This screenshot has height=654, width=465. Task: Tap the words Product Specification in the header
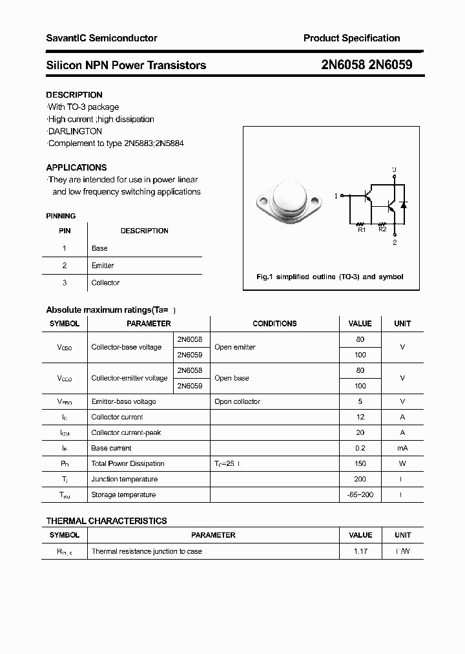tap(351, 38)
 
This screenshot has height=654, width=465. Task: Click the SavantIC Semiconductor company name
tap(101, 38)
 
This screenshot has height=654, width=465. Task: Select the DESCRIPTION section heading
tap(74, 95)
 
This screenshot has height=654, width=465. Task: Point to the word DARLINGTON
tap(75, 131)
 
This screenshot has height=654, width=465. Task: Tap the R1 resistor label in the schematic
tap(361, 229)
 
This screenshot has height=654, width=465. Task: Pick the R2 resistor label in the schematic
tap(382, 229)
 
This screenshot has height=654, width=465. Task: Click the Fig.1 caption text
tap(329, 277)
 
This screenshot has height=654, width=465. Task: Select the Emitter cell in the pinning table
tap(103, 266)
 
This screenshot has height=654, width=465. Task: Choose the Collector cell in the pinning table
tap(105, 283)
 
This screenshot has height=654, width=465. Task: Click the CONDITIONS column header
tap(274, 324)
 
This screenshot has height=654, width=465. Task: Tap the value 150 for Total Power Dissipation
tap(360, 463)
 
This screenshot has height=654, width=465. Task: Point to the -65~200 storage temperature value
tap(360, 494)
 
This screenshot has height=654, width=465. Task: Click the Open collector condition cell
tap(237, 401)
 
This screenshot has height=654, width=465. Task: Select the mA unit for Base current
tap(402, 448)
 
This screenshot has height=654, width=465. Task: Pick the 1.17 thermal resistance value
tap(360, 551)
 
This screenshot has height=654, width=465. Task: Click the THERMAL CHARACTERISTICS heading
tap(107, 521)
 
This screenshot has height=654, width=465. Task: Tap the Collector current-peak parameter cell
tap(126, 432)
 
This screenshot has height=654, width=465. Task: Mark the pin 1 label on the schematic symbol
tap(336, 195)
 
